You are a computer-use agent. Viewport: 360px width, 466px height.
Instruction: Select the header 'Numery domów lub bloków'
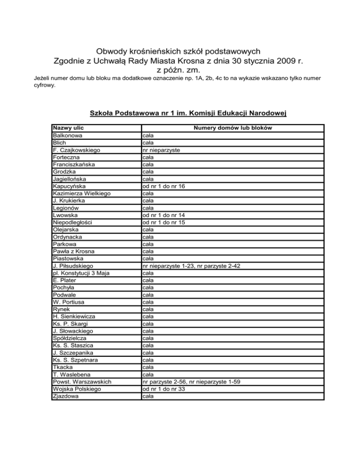pos(232,128)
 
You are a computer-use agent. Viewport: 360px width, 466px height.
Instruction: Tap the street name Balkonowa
pos(68,135)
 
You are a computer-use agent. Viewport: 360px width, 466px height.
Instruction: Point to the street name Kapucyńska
pos(69,186)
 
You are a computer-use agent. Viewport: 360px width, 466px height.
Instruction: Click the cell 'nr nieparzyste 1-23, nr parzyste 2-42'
pos(192,266)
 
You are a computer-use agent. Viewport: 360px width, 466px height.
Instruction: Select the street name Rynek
pos(61,309)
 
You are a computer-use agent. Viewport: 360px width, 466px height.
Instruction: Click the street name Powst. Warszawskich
pos(82,382)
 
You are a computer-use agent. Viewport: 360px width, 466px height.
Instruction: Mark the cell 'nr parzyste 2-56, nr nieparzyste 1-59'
pos(192,382)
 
